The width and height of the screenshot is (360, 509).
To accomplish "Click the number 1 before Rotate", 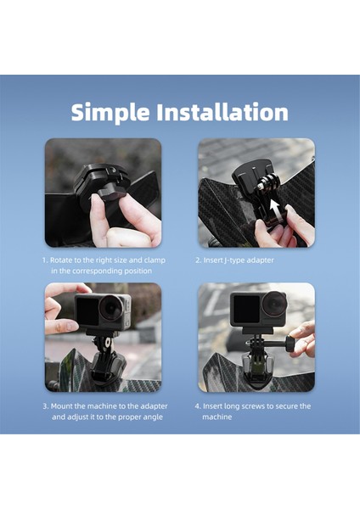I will pos(44,260).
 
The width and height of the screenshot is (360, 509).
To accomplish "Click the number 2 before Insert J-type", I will pos(198,260).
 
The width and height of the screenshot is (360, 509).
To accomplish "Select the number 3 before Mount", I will pos(44,406).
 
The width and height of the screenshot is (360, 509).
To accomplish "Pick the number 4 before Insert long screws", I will pos(198,406).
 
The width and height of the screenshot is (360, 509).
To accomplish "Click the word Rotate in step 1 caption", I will pos(64,260).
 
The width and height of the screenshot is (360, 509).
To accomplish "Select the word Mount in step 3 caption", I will pos(64,406).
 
